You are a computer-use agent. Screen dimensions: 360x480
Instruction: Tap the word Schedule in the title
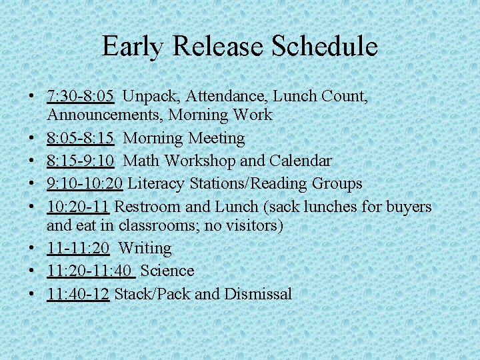point(325,47)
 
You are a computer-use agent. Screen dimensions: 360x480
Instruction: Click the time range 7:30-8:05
point(81,97)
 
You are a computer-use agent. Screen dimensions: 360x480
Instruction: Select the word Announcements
point(105,115)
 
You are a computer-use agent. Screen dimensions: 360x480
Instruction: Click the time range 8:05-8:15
point(81,139)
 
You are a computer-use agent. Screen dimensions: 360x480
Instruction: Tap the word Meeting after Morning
point(217,139)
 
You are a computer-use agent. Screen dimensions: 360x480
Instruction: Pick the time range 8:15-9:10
point(81,161)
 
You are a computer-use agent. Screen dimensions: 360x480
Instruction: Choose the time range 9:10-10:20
point(85,183)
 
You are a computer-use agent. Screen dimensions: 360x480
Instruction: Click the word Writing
point(145,249)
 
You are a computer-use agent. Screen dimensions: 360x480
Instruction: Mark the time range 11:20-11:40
point(90,271)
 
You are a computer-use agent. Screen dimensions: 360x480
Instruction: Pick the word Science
point(167,271)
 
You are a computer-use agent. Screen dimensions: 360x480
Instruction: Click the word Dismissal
point(258,294)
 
